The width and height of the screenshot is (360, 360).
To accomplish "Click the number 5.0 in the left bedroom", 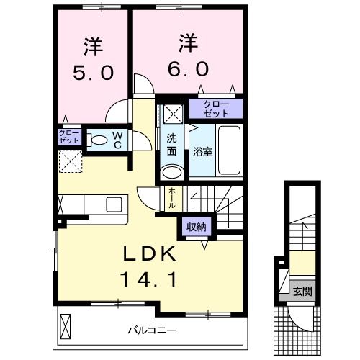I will point(91,71).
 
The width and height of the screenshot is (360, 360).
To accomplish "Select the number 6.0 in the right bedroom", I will point(190,67).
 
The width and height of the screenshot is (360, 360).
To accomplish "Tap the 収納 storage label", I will point(197,227).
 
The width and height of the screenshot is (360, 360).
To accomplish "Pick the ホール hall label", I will point(171,197).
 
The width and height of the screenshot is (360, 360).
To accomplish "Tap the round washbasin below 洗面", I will point(171,171).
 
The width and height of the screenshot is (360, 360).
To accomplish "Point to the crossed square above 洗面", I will point(172,112).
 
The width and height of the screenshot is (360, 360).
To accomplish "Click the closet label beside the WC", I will point(69,137).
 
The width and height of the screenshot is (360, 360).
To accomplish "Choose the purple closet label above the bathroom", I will point(217,109).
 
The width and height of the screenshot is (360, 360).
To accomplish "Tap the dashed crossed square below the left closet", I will point(70,162).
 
